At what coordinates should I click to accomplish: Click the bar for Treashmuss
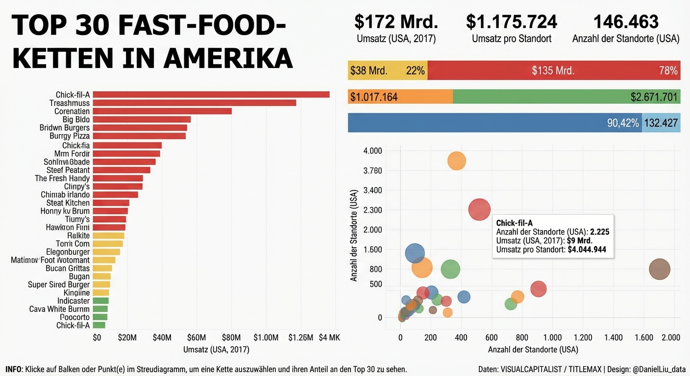click(x=194, y=103)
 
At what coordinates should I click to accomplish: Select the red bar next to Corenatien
click(x=162, y=111)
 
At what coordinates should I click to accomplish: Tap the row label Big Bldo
click(x=76, y=119)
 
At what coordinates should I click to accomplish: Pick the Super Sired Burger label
click(x=59, y=284)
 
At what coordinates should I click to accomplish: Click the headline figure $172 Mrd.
click(x=396, y=22)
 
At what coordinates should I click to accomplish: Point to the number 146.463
click(x=625, y=22)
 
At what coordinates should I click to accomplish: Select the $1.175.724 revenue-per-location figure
click(x=511, y=22)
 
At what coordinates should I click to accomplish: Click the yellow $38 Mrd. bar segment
click(x=387, y=70)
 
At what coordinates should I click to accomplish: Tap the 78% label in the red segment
click(x=668, y=70)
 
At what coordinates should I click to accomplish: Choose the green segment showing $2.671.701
click(x=566, y=97)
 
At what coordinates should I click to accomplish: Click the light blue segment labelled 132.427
click(x=661, y=123)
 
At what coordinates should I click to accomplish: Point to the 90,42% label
click(x=623, y=123)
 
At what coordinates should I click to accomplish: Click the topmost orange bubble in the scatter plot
click(x=456, y=161)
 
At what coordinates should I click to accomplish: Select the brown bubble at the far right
click(x=659, y=269)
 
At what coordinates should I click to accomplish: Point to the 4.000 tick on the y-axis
click(x=372, y=151)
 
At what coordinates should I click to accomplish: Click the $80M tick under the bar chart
click(x=231, y=337)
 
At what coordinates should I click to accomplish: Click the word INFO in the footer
click(x=13, y=369)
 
